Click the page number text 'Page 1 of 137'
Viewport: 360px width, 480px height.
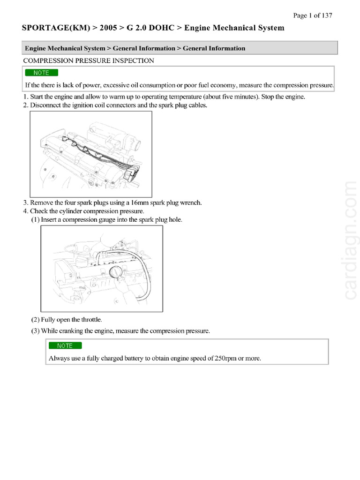point(313,15)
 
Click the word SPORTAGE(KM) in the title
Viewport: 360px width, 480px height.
point(52,28)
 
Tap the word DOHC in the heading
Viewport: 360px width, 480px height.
point(161,28)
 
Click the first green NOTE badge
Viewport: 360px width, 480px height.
point(41,73)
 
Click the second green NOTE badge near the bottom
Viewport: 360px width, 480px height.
point(65,345)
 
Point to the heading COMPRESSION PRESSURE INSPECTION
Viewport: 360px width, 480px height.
point(88,60)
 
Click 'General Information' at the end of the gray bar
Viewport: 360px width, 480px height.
point(214,48)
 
